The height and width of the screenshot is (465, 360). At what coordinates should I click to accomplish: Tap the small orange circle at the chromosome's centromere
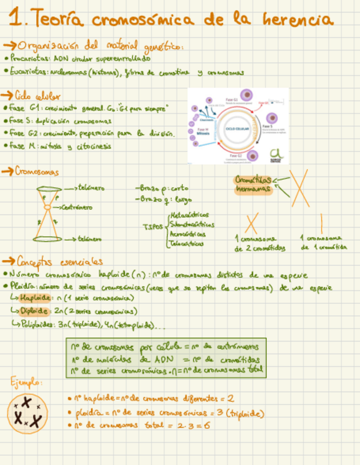point(48,207)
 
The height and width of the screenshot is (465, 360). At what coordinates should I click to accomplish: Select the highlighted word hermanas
point(254,190)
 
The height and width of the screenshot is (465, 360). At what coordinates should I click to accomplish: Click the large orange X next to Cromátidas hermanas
point(299,187)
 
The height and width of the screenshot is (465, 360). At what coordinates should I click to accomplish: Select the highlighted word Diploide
point(34,311)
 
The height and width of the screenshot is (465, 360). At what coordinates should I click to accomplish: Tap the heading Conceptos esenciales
point(60,261)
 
